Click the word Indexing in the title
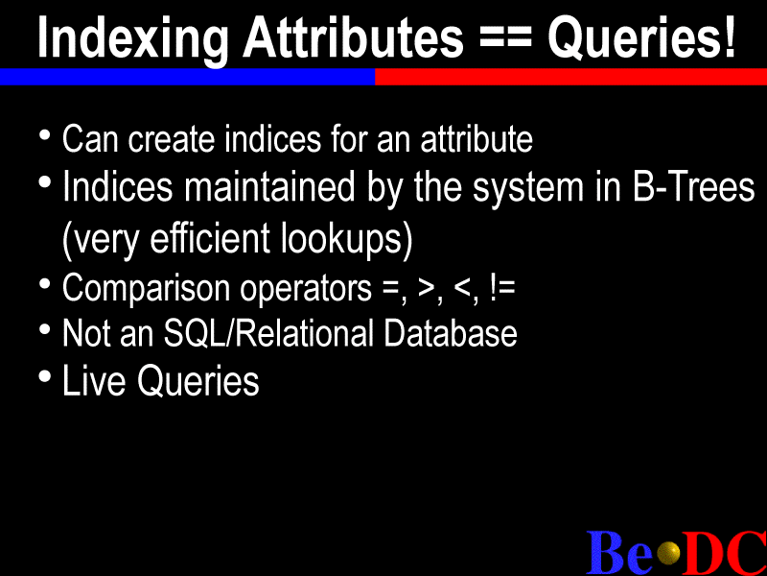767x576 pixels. (133, 38)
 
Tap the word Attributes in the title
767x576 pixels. (353, 36)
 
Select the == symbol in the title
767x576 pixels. (505, 38)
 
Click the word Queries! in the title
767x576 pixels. (641, 37)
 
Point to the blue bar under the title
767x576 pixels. (187, 77)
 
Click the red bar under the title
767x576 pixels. (570, 77)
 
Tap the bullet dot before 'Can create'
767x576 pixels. (45, 134)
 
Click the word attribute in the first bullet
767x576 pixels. (476, 138)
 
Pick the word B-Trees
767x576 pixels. (693, 186)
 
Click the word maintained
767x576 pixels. (269, 186)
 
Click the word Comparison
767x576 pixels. (147, 289)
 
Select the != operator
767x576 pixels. (501, 288)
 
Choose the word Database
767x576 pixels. (450, 333)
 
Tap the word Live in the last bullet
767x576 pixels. (94, 380)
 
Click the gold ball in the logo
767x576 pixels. (668, 554)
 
